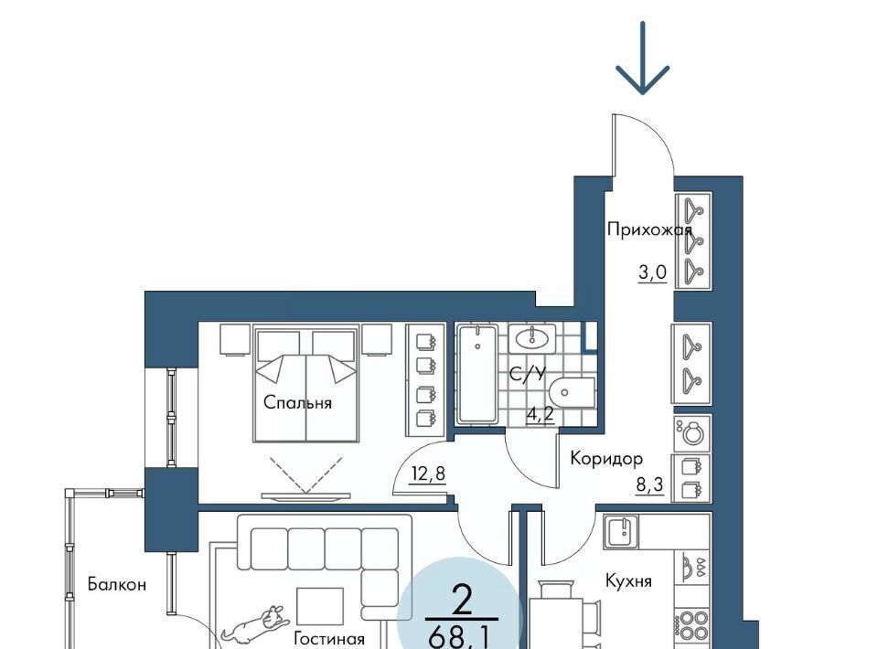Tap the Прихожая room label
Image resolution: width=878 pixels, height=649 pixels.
[649, 230]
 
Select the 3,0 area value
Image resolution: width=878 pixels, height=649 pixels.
[653, 272]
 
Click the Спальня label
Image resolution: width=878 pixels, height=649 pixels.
[297, 403]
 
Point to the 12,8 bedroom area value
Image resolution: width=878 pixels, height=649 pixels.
[428, 474]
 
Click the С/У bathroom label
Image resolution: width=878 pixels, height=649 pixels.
[527, 374]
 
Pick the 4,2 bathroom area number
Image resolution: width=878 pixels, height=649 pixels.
[541, 414]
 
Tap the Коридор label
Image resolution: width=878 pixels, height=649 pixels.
[606, 460]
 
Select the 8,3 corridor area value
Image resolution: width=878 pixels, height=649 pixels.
[650, 484]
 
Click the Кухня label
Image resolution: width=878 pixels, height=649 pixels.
[628, 581]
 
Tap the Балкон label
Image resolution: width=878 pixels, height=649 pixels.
[117, 585]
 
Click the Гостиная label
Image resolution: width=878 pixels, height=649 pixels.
[329, 638]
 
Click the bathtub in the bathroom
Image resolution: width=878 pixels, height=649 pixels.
[477, 374]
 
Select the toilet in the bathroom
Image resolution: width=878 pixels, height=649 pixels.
[571, 393]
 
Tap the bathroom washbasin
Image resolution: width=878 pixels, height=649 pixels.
[532, 338]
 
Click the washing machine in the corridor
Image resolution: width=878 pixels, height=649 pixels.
[692, 432]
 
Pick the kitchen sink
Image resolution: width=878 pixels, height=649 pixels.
[620, 531]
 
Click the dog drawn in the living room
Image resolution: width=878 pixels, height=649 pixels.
[255, 622]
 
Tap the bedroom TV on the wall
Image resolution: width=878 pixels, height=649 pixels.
[305, 496]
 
